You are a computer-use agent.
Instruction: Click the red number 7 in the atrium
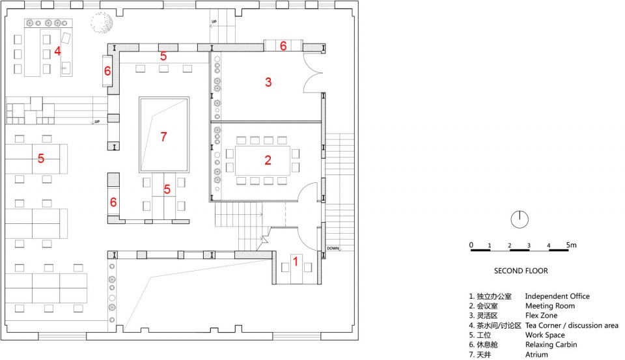[163, 137]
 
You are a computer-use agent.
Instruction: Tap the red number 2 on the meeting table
[268, 160]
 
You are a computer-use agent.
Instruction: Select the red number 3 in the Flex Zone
[268, 82]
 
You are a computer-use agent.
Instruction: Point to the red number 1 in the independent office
[296, 261]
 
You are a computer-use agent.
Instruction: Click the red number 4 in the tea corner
[57, 51]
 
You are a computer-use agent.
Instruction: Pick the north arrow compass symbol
[520, 219]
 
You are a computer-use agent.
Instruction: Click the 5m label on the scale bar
[571, 245]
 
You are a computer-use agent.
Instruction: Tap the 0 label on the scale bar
[471, 245]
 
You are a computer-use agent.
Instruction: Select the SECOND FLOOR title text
[521, 271]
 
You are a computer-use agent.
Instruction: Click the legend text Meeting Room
[550, 306]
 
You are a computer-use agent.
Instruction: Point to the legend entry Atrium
[536, 354]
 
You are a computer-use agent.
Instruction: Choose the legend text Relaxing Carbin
[551, 344]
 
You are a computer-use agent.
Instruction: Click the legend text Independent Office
[557, 296]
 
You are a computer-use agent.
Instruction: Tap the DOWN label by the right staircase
[333, 248]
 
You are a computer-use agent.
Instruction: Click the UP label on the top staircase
[214, 21]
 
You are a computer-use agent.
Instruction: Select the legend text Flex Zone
[541, 315]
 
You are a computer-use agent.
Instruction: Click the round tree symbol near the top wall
[102, 23]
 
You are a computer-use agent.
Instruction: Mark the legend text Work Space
[545, 335]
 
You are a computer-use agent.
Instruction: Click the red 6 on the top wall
[283, 46]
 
